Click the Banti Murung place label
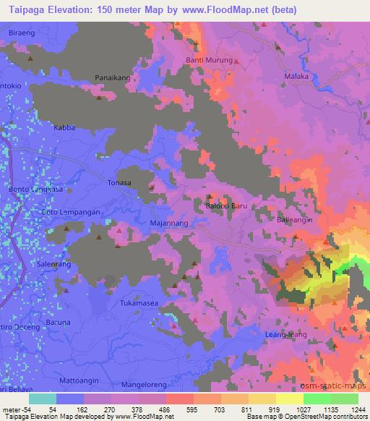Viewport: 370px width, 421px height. tap(210, 60)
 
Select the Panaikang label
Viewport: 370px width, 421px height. tap(112, 77)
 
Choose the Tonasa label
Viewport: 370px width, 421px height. tap(119, 183)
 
